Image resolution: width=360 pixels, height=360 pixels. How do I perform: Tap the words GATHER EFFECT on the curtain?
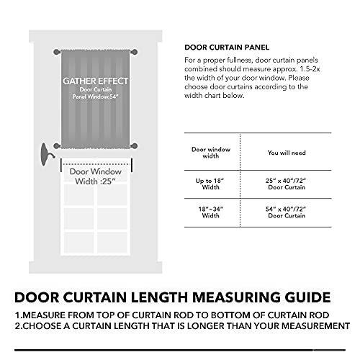coord(96,81)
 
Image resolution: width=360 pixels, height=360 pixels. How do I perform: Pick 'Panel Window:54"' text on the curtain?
coord(96,97)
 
